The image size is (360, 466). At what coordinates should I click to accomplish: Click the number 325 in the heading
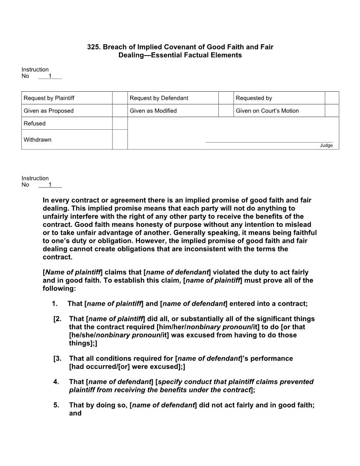pos(93,47)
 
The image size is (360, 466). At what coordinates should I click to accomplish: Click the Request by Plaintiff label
pos(46,98)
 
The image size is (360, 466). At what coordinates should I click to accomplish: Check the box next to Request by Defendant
pos(226,98)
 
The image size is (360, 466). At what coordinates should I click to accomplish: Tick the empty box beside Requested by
pos(332,98)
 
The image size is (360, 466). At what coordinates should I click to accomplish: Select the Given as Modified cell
pos(153,111)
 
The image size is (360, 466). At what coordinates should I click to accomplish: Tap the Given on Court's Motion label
pos(267,111)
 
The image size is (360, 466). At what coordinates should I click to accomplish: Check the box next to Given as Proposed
pos(120,111)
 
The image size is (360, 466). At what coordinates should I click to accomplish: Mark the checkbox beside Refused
pos(120,124)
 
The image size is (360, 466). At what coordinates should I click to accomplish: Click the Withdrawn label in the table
pos(37,140)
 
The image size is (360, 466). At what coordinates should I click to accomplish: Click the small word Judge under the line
pos(326,146)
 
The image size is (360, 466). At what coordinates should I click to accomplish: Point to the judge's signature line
pos(269,142)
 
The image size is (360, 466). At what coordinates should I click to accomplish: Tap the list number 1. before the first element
pos(55,304)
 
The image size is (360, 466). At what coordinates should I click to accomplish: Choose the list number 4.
pos(56,382)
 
